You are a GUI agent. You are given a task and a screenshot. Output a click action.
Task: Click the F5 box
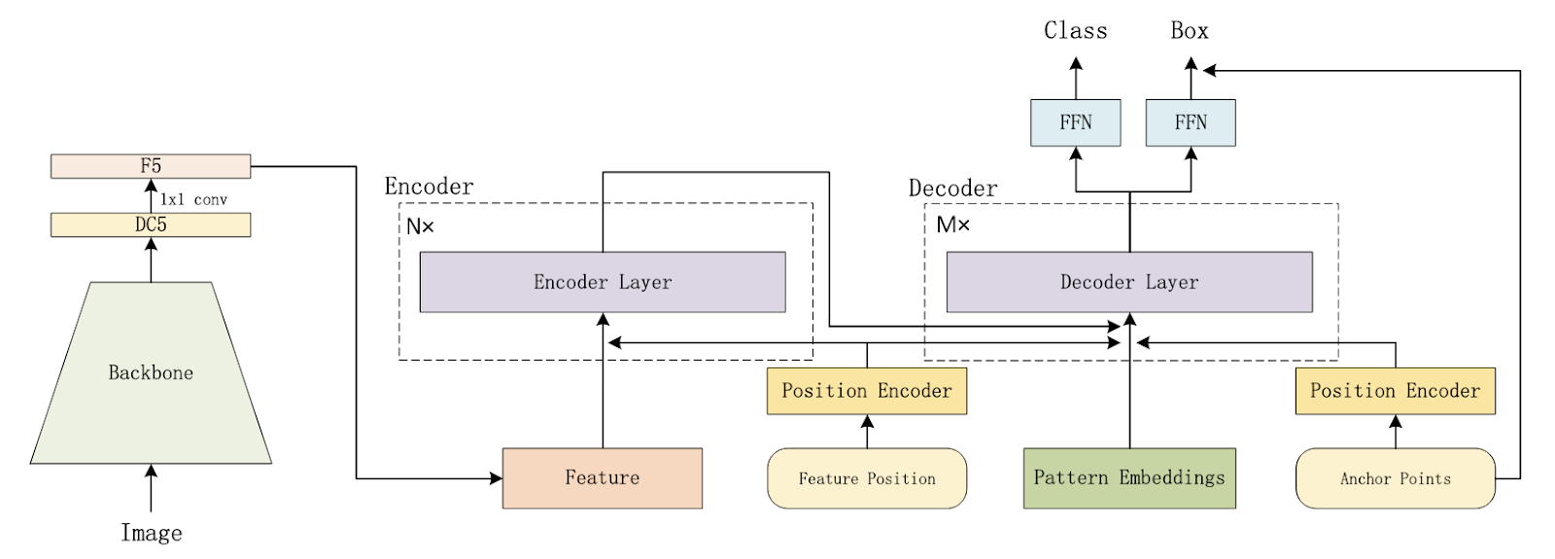(151, 166)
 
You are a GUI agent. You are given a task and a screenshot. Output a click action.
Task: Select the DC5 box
(151, 225)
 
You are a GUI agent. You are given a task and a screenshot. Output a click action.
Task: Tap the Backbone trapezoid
(151, 372)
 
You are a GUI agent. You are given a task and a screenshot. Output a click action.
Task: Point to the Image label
(151, 533)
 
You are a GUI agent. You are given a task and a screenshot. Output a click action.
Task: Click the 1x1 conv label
(193, 199)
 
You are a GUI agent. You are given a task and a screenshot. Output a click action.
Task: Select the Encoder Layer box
(603, 282)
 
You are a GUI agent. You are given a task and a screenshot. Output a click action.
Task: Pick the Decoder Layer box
(1129, 282)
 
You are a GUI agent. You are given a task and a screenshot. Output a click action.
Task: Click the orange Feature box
(603, 477)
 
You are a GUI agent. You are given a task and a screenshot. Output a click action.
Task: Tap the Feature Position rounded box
(867, 478)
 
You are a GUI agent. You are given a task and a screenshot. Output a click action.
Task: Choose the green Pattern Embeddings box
(1129, 477)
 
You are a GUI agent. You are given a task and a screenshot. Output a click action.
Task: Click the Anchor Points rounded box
(1395, 478)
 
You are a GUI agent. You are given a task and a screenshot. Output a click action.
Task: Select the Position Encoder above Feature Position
(867, 391)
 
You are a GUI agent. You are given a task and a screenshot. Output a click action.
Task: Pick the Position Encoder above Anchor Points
(1395, 391)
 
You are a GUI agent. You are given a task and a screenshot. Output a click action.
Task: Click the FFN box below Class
(1076, 122)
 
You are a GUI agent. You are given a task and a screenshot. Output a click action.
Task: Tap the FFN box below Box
(1191, 122)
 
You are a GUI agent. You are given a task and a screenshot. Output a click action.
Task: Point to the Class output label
(1076, 31)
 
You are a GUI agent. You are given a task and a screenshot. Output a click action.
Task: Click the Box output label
(1190, 31)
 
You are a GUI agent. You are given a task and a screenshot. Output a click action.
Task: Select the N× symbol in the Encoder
(420, 227)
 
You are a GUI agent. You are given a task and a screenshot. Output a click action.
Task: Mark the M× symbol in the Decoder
(952, 226)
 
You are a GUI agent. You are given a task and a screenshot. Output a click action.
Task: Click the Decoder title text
(952, 188)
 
